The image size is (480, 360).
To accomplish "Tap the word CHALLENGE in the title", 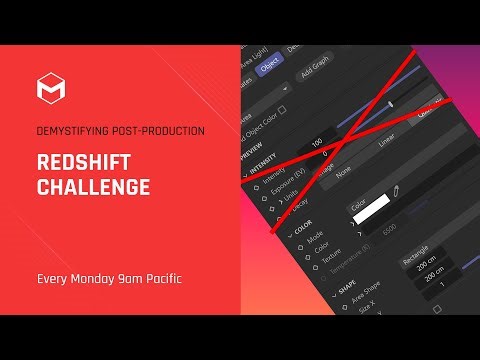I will click(x=93, y=187).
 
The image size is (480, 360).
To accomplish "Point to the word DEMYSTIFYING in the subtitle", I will click(x=70, y=132).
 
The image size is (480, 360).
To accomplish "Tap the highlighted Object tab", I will click(x=269, y=69).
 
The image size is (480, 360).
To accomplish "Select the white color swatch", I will click(x=370, y=212).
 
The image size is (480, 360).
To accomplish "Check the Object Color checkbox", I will click(x=282, y=110).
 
